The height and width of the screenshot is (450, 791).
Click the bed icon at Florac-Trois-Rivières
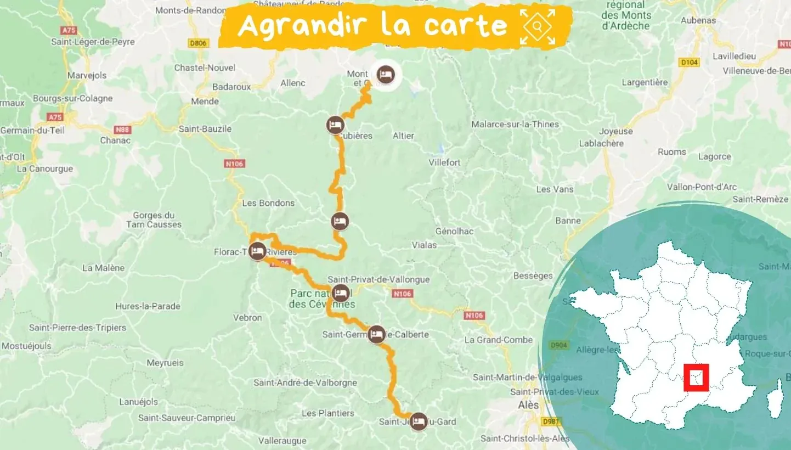[257, 252]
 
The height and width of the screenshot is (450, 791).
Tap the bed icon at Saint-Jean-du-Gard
[419, 421]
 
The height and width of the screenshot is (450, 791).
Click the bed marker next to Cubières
[335, 125]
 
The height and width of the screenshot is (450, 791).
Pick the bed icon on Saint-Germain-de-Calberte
[376, 334]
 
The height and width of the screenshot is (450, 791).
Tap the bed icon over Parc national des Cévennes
[340, 292]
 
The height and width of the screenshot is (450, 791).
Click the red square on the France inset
[696, 378]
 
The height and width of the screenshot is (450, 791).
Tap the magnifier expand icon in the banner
[538, 26]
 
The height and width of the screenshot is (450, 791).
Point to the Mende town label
[205, 102]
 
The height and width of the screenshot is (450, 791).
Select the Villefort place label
[444, 162]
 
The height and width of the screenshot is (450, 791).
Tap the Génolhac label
[454, 231]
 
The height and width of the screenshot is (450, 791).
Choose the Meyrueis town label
[165, 363]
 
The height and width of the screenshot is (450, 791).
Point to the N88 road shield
[122, 130]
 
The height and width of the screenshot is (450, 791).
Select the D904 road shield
[558, 345]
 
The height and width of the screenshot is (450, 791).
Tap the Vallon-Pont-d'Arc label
[702, 187]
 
